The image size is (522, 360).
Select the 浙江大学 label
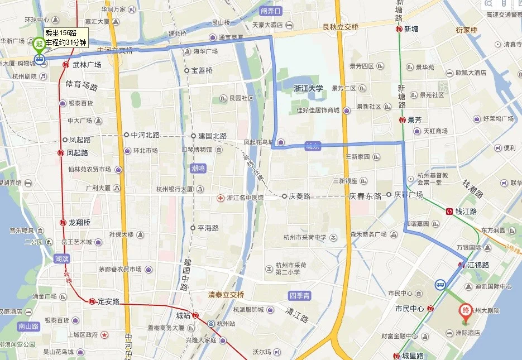[309, 88]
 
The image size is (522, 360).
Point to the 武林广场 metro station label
[87, 65]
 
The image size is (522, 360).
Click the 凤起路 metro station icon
[60, 152]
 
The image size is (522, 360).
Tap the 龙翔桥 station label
[79, 222]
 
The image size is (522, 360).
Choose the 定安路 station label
[109, 301]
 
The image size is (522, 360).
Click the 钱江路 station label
[466, 212]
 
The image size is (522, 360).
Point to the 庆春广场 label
[409, 195]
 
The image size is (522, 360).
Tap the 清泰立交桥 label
[226, 295]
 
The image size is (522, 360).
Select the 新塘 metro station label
[411, 29]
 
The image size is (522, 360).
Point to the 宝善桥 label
[202, 70]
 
